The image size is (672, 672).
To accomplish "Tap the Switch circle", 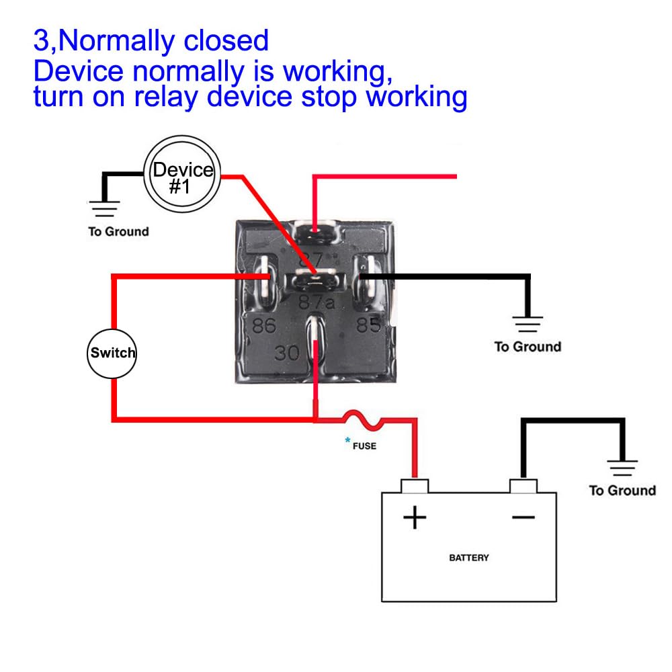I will (x=112, y=353).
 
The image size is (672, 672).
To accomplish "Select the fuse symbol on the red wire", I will (x=363, y=420).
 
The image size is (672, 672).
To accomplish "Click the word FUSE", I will (x=364, y=446).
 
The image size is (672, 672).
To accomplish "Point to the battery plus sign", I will (x=415, y=517).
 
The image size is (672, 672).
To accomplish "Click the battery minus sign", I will (x=523, y=517).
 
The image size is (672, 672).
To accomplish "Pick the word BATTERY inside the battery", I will (x=469, y=558).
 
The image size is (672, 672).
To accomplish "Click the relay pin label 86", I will (x=263, y=326).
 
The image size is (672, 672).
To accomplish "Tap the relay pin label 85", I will (x=368, y=325).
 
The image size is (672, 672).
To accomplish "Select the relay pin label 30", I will (x=288, y=353).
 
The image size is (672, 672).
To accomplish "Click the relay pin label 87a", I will (x=317, y=302).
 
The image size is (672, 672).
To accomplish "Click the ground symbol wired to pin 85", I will (x=528, y=325).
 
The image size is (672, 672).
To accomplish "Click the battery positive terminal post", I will (x=415, y=485).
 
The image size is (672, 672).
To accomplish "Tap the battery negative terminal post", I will (x=523, y=485).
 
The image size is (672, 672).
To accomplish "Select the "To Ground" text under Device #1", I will (x=118, y=232).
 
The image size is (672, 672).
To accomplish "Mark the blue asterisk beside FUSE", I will (x=348, y=441).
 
